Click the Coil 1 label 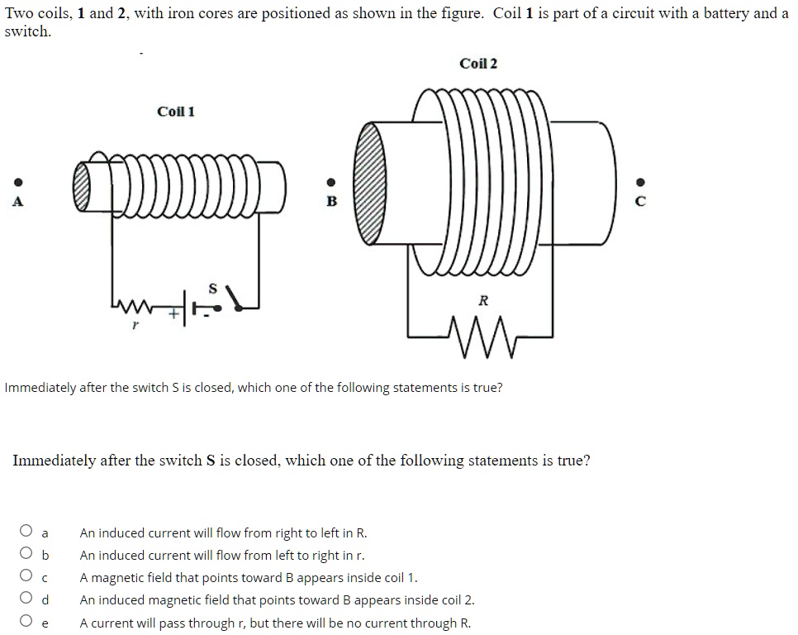[176, 112]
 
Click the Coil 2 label [478, 64]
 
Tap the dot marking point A [16, 183]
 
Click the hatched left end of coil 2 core [370, 183]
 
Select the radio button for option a [26, 532]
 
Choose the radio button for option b [26, 555]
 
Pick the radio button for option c [26, 577]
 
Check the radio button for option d [26, 599]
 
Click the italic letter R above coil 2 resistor [483, 301]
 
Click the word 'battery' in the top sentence [731, 14]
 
